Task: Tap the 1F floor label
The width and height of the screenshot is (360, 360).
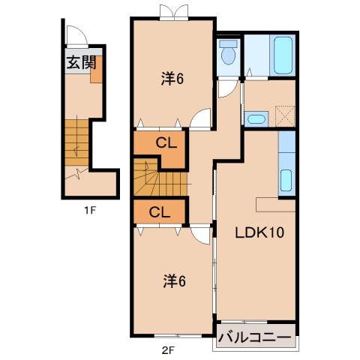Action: pyautogui.click(x=89, y=210)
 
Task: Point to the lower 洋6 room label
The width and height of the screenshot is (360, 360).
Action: pyautogui.click(x=174, y=281)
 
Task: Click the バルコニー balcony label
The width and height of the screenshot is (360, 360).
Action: pyautogui.click(x=255, y=337)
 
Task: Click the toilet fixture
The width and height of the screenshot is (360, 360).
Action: pyautogui.click(x=228, y=54)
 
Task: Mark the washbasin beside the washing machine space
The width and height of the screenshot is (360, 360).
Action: pyautogui.click(x=256, y=117)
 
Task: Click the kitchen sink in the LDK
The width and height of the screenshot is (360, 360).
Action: pyautogui.click(x=286, y=181)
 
